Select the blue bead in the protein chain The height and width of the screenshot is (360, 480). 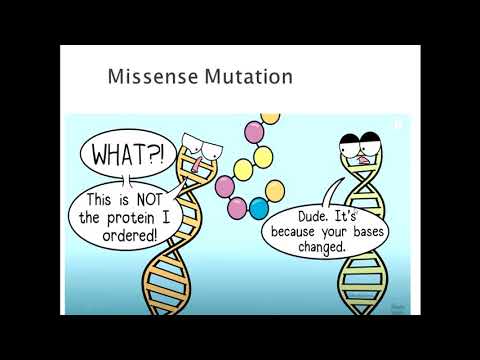[x=259, y=209]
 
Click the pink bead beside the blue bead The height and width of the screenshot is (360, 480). [x=236, y=207]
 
